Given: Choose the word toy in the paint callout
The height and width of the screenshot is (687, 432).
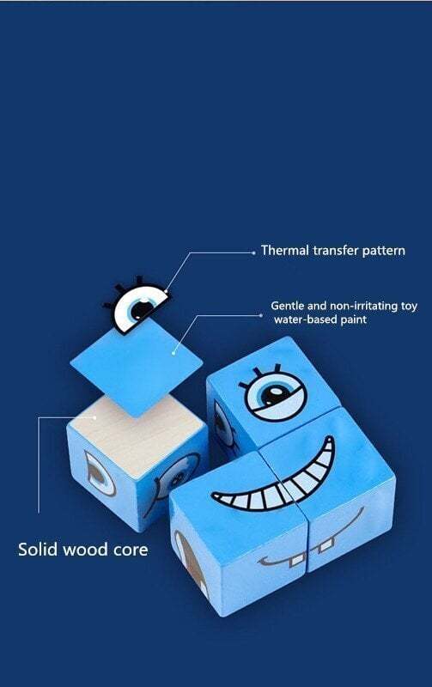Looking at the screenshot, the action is (x=409, y=307).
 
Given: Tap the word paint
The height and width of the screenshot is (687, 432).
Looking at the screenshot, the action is (x=354, y=319).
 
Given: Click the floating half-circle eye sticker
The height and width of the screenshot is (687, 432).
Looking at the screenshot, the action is (x=136, y=306).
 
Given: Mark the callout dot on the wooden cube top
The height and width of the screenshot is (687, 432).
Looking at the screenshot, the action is (x=94, y=417).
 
